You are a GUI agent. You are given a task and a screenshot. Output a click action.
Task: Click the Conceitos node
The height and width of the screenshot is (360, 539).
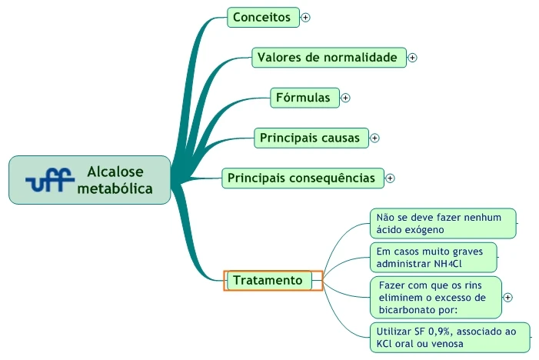(263, 17)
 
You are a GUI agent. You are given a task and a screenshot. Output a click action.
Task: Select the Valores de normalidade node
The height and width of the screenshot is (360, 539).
(328, 57)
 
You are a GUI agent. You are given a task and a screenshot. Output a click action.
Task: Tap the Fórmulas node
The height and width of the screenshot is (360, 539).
(304, 97)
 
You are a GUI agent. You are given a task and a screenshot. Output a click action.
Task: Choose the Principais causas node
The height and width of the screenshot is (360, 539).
(311, 138)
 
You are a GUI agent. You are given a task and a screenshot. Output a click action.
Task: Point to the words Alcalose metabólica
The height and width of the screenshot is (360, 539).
(115, 180)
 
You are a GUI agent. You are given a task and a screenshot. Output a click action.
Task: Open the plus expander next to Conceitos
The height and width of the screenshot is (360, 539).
(305, 17)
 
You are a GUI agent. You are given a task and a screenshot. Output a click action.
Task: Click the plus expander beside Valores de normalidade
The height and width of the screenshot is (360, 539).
(412, 57)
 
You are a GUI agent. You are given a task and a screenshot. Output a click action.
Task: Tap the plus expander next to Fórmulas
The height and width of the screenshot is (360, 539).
(345, 98)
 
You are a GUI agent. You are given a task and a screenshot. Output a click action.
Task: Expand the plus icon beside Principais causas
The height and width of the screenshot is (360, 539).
(374, 138)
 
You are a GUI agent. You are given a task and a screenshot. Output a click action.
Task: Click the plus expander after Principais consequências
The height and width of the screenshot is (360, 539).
(390, 178)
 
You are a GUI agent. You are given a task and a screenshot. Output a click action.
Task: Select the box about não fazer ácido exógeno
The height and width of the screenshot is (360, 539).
(442, 223)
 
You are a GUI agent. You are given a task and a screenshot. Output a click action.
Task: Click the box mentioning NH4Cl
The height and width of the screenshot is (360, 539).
(433, 257)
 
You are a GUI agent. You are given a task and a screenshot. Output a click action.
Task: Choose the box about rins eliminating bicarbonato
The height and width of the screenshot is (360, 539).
(435, 297)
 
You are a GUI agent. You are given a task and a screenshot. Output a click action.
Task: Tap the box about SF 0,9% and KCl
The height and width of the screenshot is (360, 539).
(450, 337)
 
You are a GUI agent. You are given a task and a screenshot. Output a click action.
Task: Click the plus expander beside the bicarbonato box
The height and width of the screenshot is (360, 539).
(507, 297)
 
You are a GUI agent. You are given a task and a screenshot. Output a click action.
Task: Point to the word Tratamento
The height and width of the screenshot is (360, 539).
(268, 280)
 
